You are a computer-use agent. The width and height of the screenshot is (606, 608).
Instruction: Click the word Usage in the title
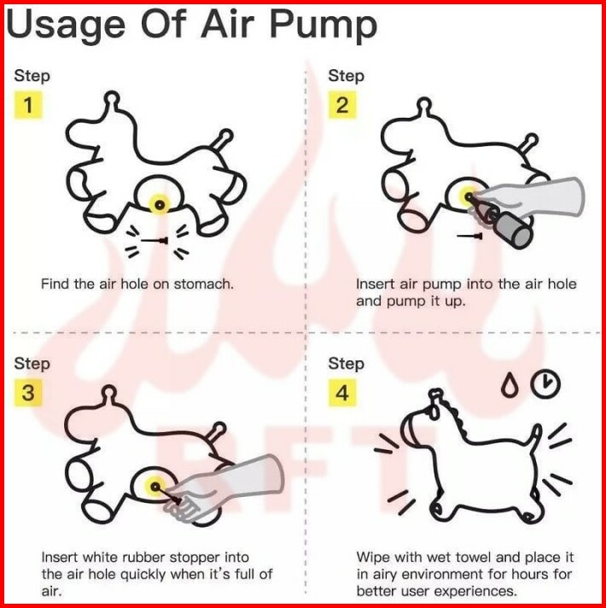[x=66, y=25]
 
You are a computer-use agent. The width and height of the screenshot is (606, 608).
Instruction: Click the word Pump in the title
[x=323, y=25]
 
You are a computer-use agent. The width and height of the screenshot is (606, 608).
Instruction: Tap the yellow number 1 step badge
[x=28, y=105]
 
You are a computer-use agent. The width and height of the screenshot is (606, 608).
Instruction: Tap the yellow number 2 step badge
[x=342, y=105]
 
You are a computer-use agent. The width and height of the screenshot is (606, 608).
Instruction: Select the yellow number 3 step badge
[x=28, y=393]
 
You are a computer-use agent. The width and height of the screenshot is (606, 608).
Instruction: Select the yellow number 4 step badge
[x=342, y=393]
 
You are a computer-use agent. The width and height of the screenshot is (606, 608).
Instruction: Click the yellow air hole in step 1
[x=160, y=204]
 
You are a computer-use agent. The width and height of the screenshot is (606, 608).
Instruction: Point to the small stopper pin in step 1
[x=154, y=241]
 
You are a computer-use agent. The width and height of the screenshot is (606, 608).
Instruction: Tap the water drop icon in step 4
[x=509, y=386]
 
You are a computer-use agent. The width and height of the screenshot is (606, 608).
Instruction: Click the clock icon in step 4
[x=545, y=384]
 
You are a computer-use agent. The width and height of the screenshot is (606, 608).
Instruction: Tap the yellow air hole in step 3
[x=155, y=486]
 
